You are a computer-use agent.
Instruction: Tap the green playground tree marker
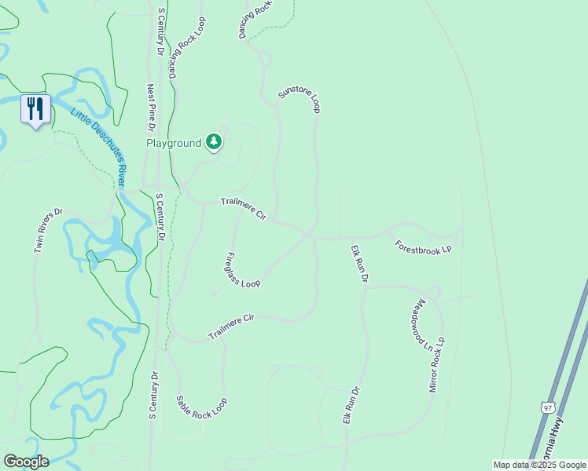pyautogui.click(x=213, y=142)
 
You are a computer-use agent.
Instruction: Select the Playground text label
pyautogui.click(x=174, y=143)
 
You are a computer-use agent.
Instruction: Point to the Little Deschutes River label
pyautogui.click(x=99, y=147)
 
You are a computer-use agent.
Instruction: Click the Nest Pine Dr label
pyautogui.click(x=152, y=108)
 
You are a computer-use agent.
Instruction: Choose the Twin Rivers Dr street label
pyautogui.click(x=48, y=231)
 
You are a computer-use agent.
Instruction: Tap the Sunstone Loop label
pyautogui.click(x=300, y=101)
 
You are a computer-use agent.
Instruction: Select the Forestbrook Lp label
pyautogui.click(x=424, y=246)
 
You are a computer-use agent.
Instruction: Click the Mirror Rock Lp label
pyautogui.click(x=436, y=365)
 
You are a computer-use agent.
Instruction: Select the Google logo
pyautogui.click(x=26, y=462)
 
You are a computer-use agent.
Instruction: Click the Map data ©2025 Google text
pyautogui.click(x=539, y=465)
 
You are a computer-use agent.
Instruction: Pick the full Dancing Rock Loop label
pyautogui.click(x=186, y=49)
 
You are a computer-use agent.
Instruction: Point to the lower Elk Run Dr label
pyautogui.click(x=351, y=406)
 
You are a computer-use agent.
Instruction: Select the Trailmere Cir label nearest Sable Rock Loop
pyautogui.click(x=232, y=327)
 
